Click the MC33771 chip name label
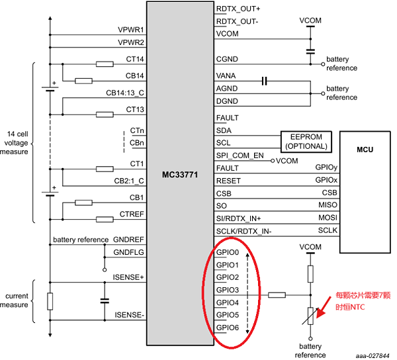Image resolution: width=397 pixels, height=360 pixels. point(180,175)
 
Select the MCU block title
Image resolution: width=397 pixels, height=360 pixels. point(363,150)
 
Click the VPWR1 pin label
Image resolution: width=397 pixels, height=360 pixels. point(131,30)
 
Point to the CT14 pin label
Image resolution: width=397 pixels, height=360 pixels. point(134,59)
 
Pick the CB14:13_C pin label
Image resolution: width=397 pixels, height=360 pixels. point(125,92)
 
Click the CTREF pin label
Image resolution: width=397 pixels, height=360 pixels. point(132,214)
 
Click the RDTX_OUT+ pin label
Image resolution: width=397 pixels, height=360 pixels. point(238,9)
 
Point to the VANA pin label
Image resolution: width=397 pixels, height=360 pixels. point(226,76)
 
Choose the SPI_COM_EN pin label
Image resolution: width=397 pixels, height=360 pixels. point(240,156)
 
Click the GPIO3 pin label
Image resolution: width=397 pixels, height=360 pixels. point(228,290)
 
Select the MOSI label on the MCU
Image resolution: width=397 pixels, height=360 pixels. point(327,218)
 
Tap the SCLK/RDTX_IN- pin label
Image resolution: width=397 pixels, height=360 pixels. point(244,230)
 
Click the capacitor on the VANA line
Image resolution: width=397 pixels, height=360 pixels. point(264,81)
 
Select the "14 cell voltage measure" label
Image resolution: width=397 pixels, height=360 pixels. point(16,142)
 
